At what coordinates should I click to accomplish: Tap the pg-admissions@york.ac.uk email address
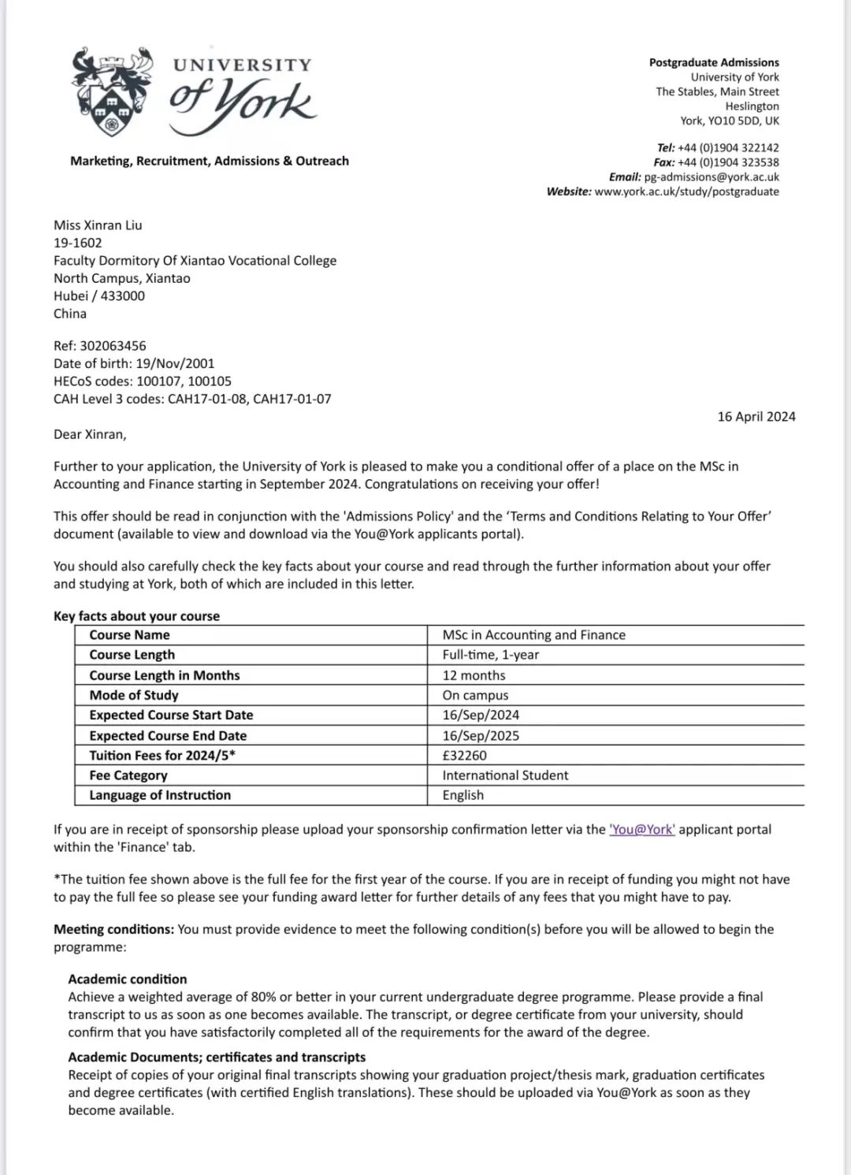[x=711, y=177]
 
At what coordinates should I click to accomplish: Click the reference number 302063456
[x=113, y=346]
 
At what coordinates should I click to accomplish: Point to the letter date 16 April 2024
[x=756, y=417]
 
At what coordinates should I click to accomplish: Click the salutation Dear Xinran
[x=90, y=434]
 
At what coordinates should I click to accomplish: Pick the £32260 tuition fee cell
[x=465, y=755]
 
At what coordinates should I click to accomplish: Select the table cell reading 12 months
[x=474, y=675]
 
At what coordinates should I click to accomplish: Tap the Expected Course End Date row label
[x=168, y=735]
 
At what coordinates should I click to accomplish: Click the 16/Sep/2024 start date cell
[x=481, y=715]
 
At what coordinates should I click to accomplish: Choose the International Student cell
[x=505, y=775]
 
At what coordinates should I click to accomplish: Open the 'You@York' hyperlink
[x=642, y=830]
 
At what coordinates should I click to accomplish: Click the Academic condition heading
[x=128, y=980]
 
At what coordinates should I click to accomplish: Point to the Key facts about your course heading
[x=136, y=616]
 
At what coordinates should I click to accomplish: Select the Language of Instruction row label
[x=160, y=795]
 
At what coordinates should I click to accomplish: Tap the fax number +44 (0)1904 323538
[x=728, y=162]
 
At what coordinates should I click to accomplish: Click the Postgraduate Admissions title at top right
[x=714, y=62]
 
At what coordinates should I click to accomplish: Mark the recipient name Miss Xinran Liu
[x=98, y=225]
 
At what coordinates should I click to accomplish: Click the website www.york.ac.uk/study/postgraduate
[x=686, y=191]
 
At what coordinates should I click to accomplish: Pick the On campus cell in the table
[x=475, y=695]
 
